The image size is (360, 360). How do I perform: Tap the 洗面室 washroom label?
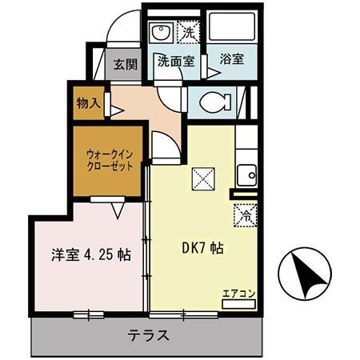point(176,62)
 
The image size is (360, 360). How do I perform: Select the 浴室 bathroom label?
point(232,59)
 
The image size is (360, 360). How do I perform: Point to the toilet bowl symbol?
point(215,102)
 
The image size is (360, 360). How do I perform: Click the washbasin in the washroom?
point(161,33)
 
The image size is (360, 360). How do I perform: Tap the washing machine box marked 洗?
point(189,32)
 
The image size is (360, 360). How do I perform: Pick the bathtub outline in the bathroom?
point(232,26)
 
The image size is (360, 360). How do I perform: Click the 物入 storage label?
point(88,103)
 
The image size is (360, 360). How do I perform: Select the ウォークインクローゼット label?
point(110,160)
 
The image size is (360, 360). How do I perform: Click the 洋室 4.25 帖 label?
point(91,255)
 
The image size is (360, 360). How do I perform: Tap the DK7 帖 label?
point(202,248)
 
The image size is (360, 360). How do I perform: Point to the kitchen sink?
point(246,175)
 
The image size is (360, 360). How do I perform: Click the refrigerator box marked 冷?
point(246,215)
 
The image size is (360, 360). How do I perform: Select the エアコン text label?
point(239,294)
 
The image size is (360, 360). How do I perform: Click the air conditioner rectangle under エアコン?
point(238,304)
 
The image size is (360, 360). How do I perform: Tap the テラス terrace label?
point(148,335)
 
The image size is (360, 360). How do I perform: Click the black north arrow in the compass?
point(307,274)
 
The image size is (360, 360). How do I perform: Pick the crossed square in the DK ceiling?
point(203,179)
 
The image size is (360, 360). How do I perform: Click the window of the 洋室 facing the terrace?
point(89,315)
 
